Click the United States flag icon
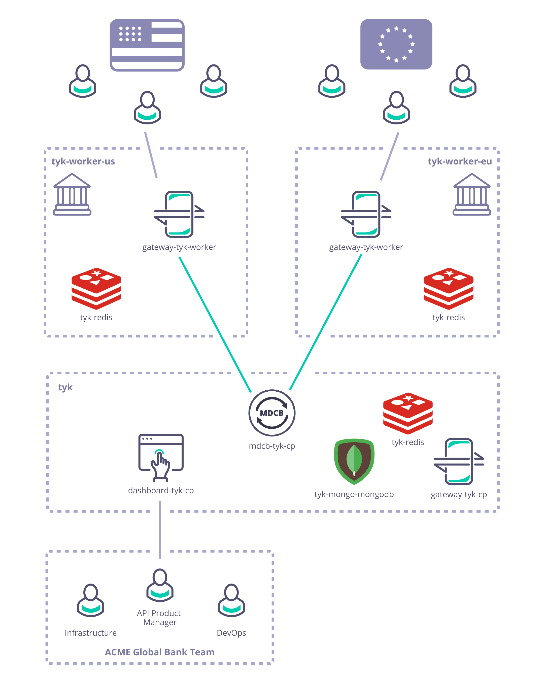coord(147,45)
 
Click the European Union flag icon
coord(396,44)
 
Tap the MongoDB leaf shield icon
coord(354,461)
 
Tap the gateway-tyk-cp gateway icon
coord(459,461)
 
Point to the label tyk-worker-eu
coord(459,161)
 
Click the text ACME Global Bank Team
coord(160,652)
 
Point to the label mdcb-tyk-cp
coord(272,446)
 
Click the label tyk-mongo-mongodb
coord(354,494)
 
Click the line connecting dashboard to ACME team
coord(160,530)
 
